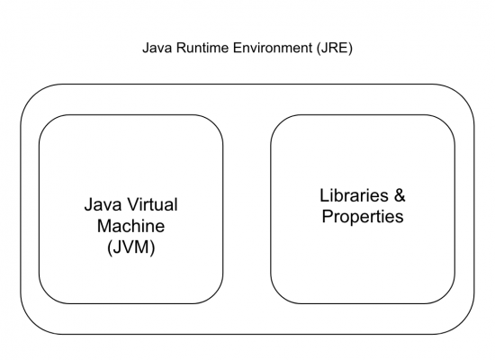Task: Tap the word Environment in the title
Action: click(x=273, y=48)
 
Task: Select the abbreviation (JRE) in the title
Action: click(x=334, y=49)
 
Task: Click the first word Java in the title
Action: click(x=157, y=48)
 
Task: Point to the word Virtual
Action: click(x=153, y=204)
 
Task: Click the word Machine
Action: click(x=130, y=226)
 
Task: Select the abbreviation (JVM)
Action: click(x=131, y=247)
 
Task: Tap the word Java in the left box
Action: click(x=103, y=204)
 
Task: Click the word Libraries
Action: click(x=354, y=195)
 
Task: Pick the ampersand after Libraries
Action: click(x=400, y=195)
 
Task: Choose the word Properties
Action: click(x=363, y=218)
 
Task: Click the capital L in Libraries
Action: click(x=324, y=195)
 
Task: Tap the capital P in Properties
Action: click(x=328, y=216)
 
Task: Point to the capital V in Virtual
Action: click(x=133, y=204)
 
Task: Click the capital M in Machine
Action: click(x=104, y=226)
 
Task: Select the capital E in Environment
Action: click(x=238, y=48)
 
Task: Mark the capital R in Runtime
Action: click(x=181, y=48)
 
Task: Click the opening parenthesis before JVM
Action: click(x=110, y=247)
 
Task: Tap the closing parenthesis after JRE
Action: click(x=350, y=49)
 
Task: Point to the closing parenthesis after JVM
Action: click(x=153, y=247)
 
